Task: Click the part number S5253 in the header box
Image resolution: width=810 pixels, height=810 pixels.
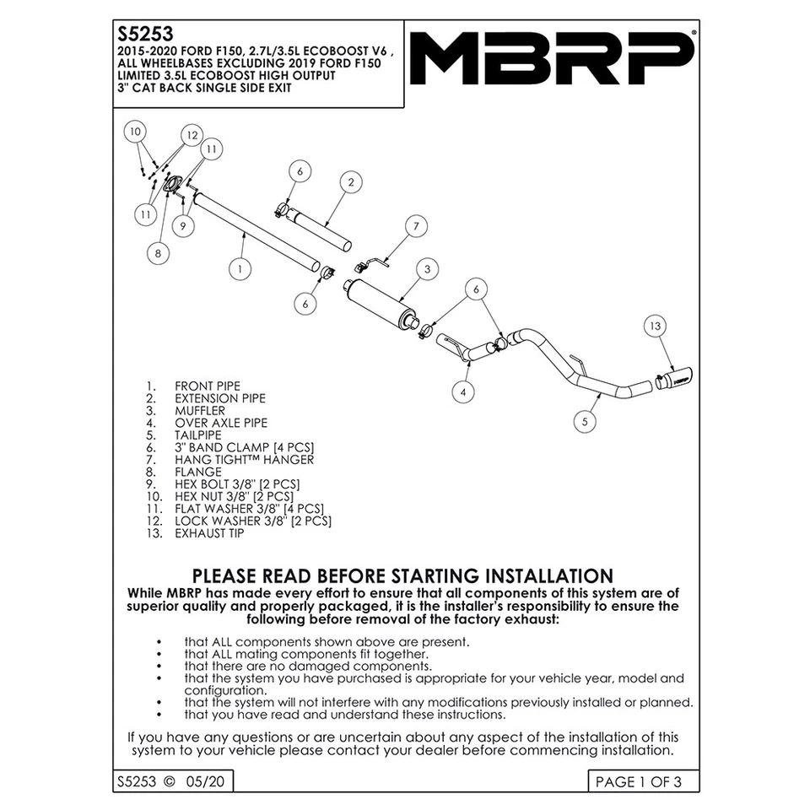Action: coord(144,35)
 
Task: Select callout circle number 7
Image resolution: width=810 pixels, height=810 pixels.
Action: coord(415,225)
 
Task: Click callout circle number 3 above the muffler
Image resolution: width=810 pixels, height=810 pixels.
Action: coord(428,269)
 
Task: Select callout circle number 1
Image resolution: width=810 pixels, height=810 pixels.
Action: coord(240,268)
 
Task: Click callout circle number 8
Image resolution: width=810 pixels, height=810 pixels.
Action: coord(156,251)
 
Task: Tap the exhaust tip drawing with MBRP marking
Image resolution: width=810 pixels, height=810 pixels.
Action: coord(673,380)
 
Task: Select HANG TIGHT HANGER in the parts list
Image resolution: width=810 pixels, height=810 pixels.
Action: coord(244,460)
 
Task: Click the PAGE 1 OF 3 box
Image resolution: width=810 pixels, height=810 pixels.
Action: coord(637,781)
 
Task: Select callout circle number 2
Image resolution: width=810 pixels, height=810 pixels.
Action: coord(349,181)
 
